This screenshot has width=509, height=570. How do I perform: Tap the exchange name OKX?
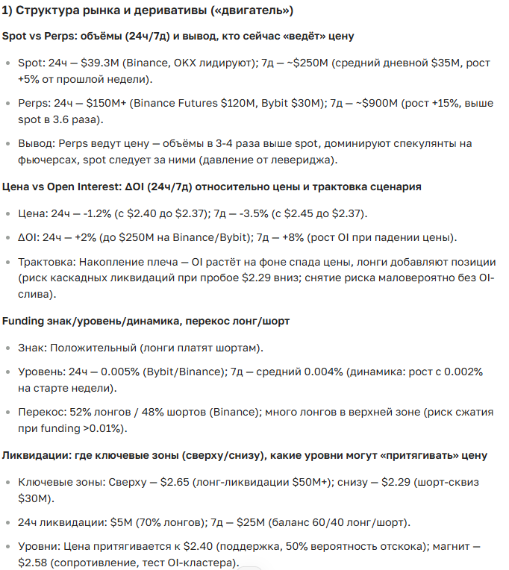(x=182, y=64)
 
